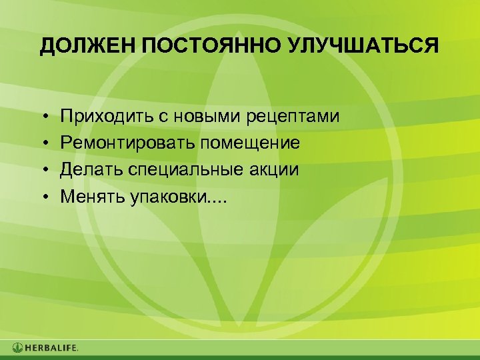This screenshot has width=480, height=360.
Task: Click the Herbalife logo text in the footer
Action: click(x=52, y=348)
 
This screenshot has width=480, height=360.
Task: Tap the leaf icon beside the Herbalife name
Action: click(x=17, y=348)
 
